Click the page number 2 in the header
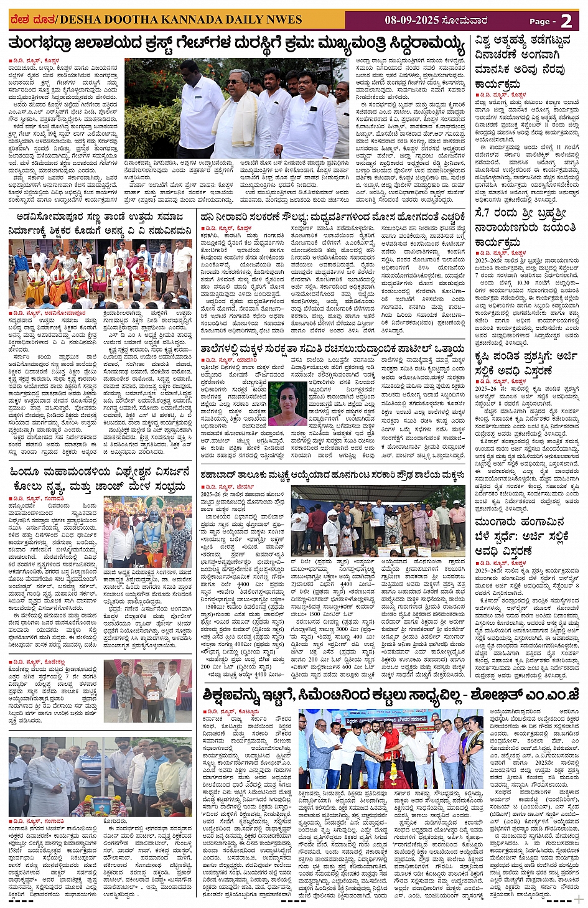566,21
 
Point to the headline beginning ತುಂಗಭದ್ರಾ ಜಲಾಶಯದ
236,45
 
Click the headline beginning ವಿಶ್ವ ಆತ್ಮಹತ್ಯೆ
526,62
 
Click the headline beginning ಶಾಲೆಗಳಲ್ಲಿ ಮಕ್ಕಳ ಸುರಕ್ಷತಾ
332,349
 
